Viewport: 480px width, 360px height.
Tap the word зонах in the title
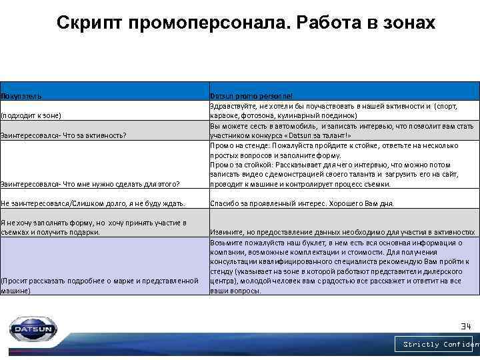click(408, 23)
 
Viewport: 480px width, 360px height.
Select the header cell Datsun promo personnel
click(246, 96)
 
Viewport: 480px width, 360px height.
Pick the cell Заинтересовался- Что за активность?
click(63, 135)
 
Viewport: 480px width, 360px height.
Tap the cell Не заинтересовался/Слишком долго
click(93, 203)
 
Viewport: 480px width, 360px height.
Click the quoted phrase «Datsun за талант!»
click(315, 135)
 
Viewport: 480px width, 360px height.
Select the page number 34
click(465, 326)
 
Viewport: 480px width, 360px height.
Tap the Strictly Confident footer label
click(441, 345)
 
